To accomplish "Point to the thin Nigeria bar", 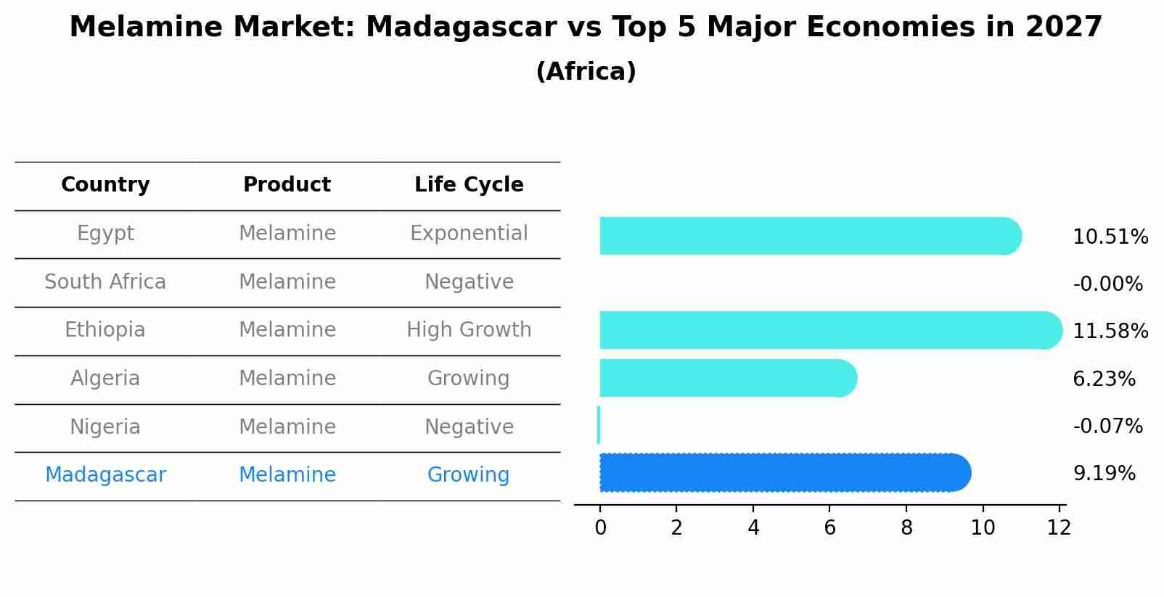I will point(599,425).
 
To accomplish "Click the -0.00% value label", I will point(1107,284).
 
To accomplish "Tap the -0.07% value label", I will point(1107,426).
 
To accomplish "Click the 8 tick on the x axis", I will point(906,528).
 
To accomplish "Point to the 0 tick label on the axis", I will point(600,528).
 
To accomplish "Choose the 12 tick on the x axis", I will point(1059,528).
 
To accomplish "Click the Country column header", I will point(105,185).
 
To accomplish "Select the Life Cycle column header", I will point(469,185).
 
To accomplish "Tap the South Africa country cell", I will point(105,281).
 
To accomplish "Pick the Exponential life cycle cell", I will point(469,234).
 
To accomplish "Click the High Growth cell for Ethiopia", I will point(469,330).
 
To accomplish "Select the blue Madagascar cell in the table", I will point(105,475).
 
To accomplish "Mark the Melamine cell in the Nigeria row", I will point(287,427).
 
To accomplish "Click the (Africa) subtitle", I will point(586,72).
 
